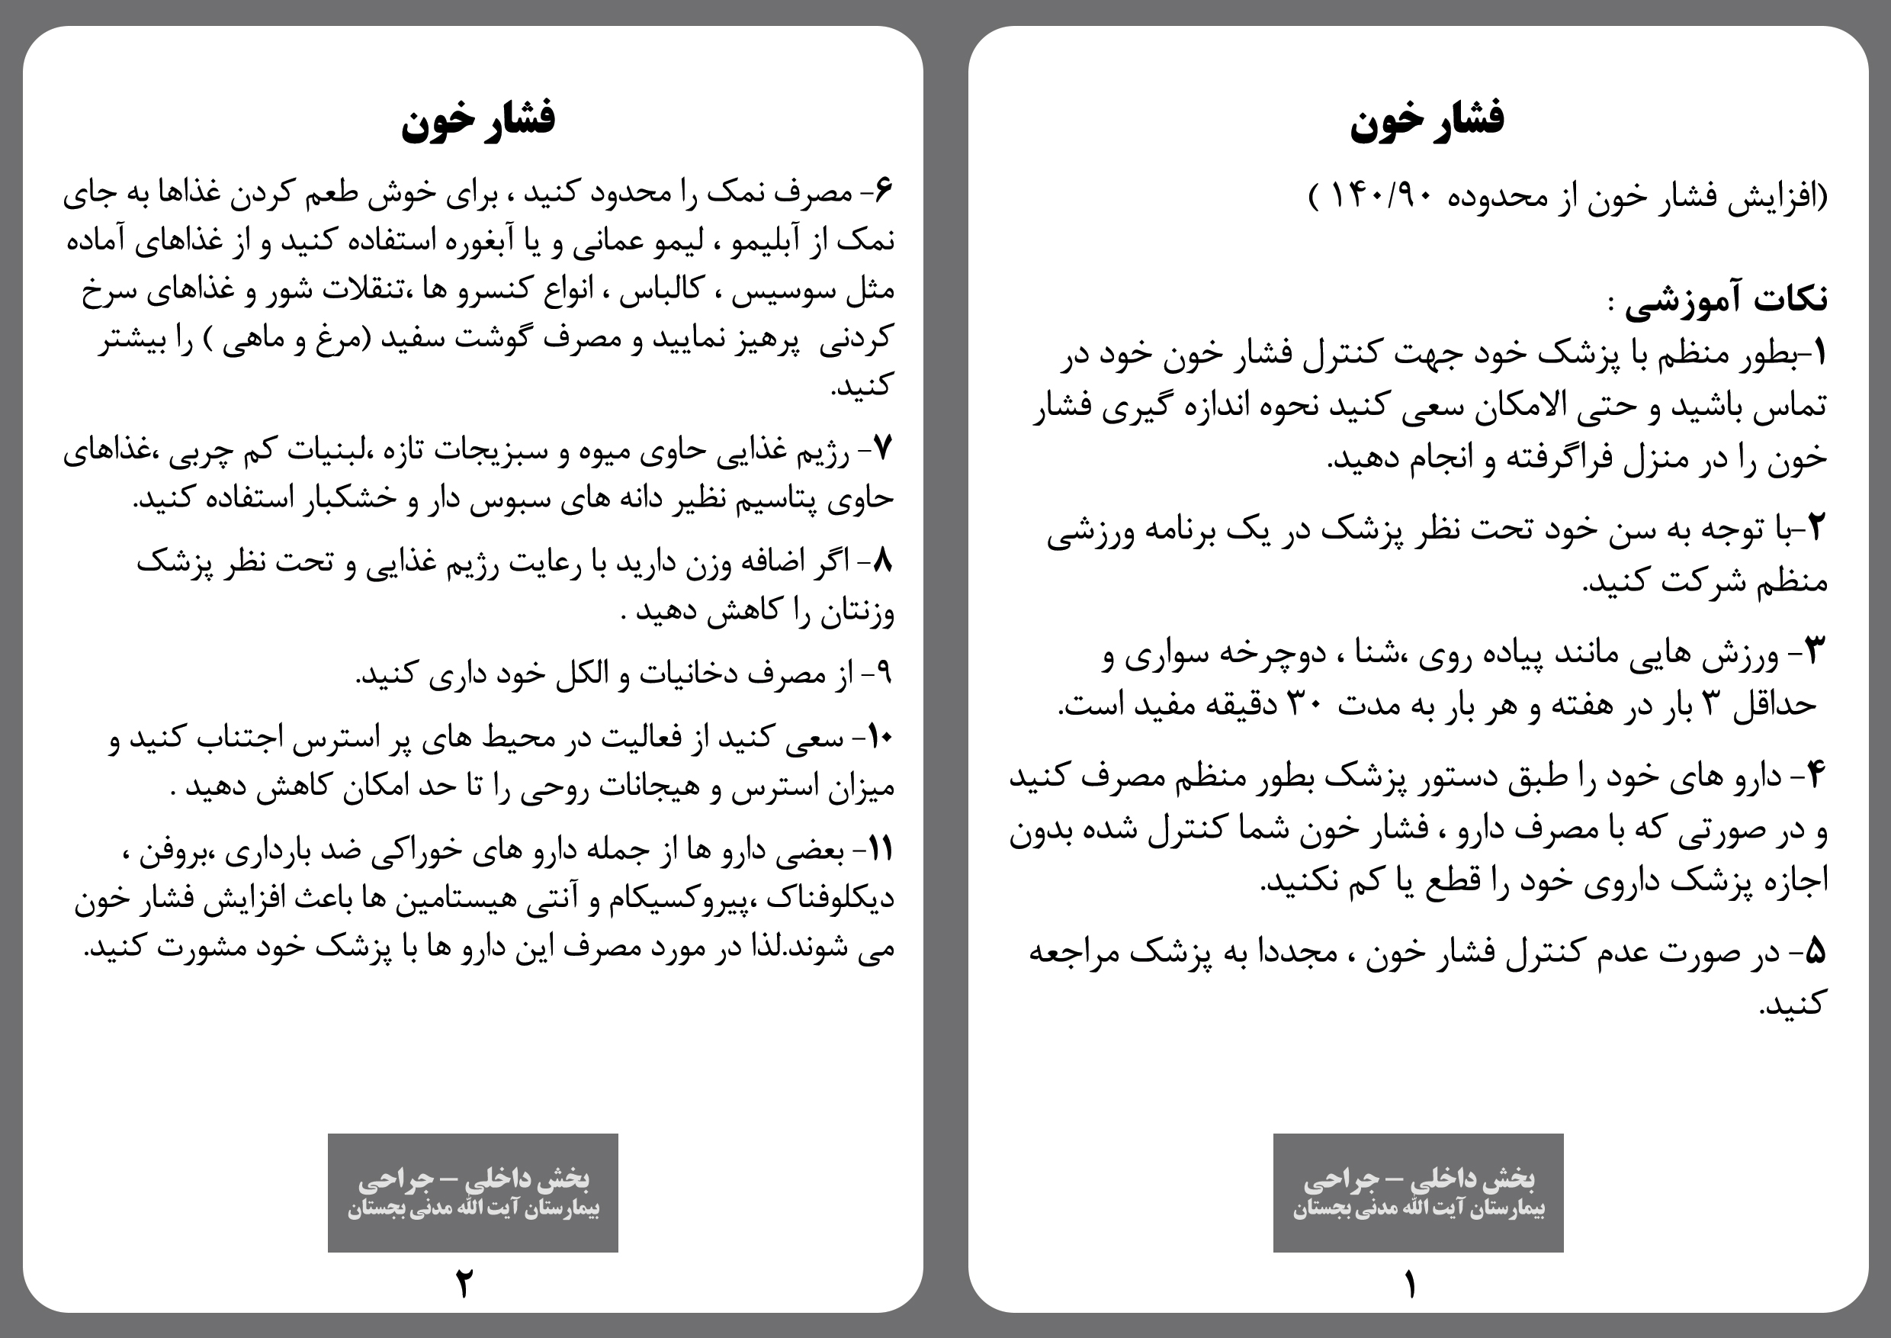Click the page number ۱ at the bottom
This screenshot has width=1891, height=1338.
[x=1410, y=1284]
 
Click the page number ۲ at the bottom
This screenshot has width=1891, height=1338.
[x=464, y=1284]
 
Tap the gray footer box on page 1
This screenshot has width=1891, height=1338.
[x=1417, y=1192]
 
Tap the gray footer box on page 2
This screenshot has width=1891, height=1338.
[x=473, y=1192]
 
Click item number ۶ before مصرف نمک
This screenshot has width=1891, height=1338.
[x=884, y=191]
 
